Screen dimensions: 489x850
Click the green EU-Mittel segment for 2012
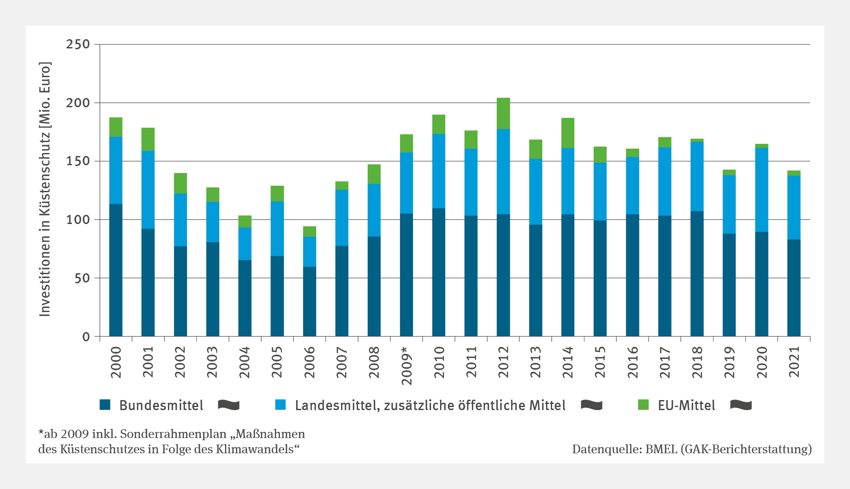(x=503, y=113)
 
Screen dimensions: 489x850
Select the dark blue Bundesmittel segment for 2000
(x=116, y=270)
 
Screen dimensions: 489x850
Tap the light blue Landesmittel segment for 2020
(x=761, y=190)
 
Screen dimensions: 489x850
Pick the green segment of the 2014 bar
(x=568, y=133)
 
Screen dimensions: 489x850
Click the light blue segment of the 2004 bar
(x=245, y=244)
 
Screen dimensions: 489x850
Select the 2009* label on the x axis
(x=406, y=366)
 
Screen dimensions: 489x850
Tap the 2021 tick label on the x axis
(x=794, y=362)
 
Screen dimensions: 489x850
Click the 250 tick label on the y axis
(x=78, y=44)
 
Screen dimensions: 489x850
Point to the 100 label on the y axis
(x=78, y=220)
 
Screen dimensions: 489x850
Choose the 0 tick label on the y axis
(x=86, y=337)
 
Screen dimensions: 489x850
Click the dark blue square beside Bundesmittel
(x=105, y=405)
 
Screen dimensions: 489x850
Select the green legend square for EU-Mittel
(x=643, y=405)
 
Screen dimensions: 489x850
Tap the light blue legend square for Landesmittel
(x=280, y=405)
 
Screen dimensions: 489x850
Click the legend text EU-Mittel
(x=686, y=405)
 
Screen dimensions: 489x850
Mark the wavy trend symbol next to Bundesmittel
(x=229, y=405)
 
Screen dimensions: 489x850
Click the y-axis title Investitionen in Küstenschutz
(x=45, y=190)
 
